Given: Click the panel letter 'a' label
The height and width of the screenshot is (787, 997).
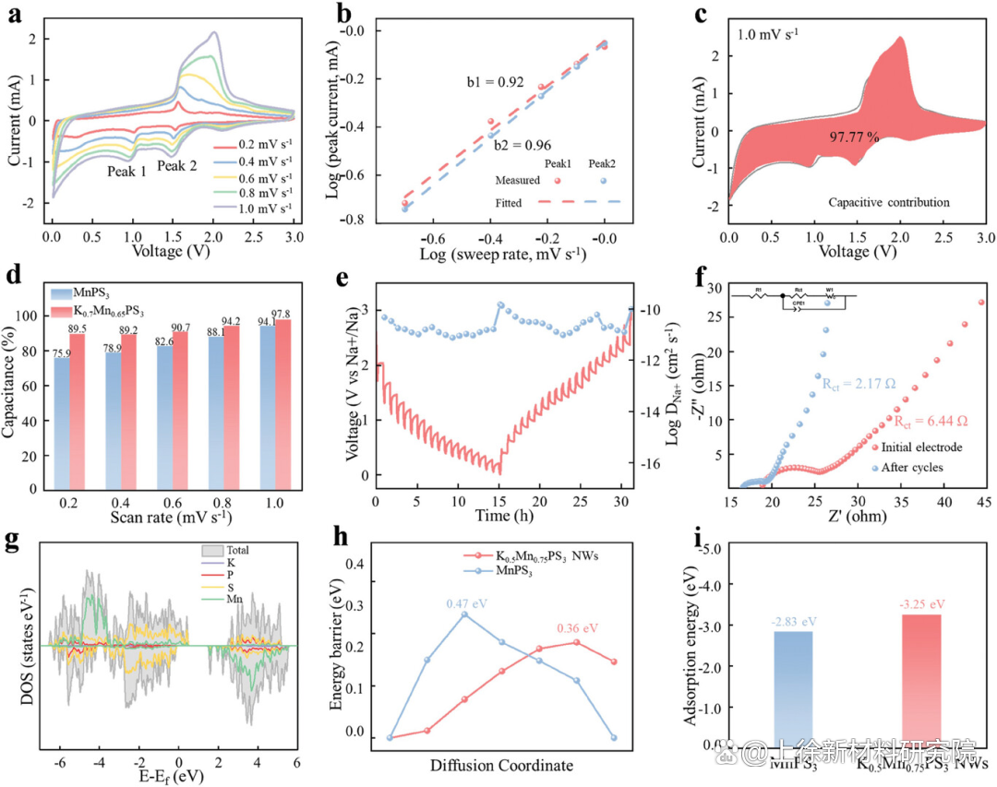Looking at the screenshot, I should pyautogui.click(x=16, y=14).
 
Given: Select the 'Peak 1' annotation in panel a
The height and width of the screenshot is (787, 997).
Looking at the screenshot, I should pyautogui.click(x=126, y=172).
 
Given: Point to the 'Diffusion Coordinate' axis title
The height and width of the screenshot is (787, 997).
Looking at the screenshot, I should pyautogui.click(x=502, y=766).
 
